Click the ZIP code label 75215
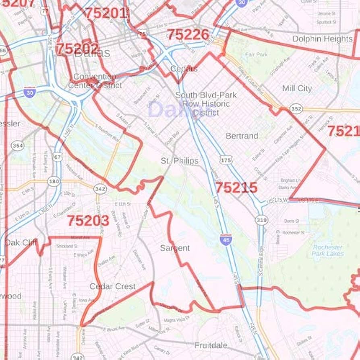coord(236,188)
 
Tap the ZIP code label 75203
coord(88,221)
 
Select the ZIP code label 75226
coord(188,35)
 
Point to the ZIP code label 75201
coord(106,13)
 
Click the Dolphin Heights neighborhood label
coord(322,39)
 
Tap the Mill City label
coord(297,88)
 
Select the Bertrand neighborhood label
coord(242,136)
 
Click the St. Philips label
coord(180,161)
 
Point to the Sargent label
coord(175,248)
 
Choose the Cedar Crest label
coord(112,286)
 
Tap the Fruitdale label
coord(211,346)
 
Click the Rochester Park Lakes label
coord(328,250)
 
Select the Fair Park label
coord(256,54)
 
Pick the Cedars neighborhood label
coord(184,68)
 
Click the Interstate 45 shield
coord(226,239)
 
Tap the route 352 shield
coord(296,109)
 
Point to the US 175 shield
coord(226,160)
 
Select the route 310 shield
coord(261,220)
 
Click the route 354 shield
coord(17,145)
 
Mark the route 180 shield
coord(54,182)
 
